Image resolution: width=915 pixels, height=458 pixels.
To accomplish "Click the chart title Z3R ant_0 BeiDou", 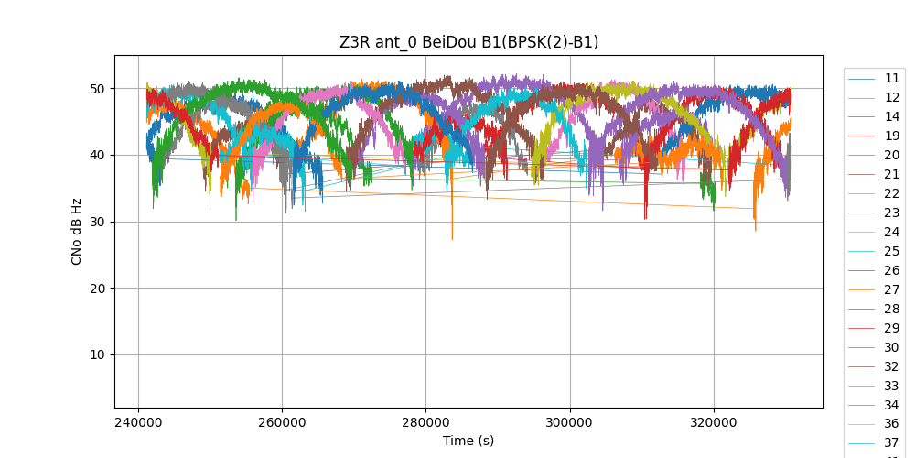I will [x=468, y=42].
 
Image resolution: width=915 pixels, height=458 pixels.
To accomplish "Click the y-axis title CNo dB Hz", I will [x=77, y=232].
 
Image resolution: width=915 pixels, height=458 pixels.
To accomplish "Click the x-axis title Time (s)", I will [x=468, y=441].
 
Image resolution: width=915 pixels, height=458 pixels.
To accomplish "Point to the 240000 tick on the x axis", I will [x=138, y=423].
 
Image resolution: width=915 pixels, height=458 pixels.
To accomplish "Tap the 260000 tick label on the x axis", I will [x=282, y=423].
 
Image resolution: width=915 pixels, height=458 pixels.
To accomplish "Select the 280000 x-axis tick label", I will [x=425, y=423].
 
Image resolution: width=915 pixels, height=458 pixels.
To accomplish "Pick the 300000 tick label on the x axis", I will [x=570, y=423].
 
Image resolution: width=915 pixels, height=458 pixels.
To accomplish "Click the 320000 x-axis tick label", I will [x=714, y=423].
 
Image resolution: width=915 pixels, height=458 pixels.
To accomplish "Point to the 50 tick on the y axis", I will [x=96, y=89].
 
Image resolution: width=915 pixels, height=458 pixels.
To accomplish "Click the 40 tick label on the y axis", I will [x=96, y=155].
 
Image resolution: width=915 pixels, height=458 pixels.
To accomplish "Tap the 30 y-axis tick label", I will [x=96, y=222].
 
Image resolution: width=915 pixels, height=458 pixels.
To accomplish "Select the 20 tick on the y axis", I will [x=96, y=289].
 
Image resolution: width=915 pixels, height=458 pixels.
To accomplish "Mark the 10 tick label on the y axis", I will [x=96, y=354].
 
